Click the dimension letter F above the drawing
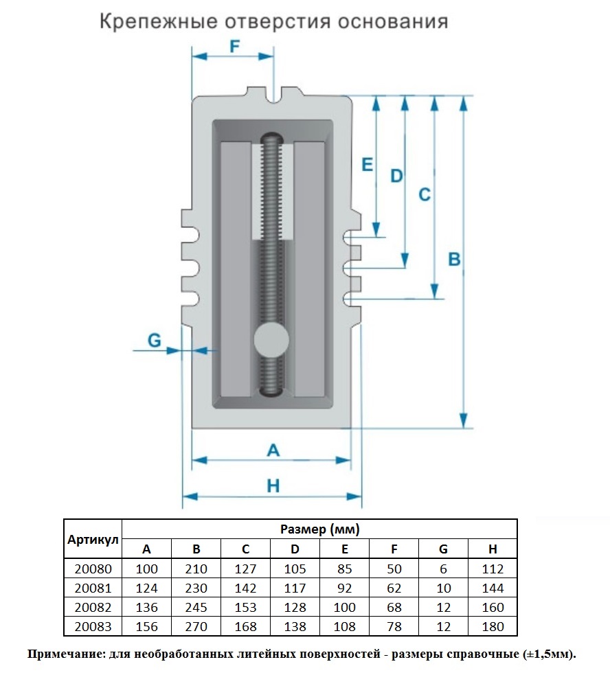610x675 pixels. [x=234, y=46]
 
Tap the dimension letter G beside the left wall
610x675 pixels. [x=155, y=341]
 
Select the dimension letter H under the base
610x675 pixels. [x=273, y=486]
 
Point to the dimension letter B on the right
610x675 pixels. [x=454, y=260]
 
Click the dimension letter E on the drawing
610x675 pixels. [x=367, y=164]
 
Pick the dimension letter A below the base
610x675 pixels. [x=273, y=450]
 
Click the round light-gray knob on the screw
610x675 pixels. [x=271, y=340]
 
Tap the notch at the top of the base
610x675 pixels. [x=273, y=95]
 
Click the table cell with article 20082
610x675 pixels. [x=93, y=608]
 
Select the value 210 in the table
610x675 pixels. [x=196, y=569]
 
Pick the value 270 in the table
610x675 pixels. [x=196, y=627]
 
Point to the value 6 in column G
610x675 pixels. [x=443, y=569]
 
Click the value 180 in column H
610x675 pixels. [x=493, y=627]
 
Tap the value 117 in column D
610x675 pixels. [x=295, y=588]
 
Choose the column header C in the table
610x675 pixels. [x=245, y=549]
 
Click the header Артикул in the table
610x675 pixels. [x=93, y=540]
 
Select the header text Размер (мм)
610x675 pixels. [x=319, y=529]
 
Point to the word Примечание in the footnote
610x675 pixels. [x=65, y=654]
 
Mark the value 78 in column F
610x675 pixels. [x=394, y=627]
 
